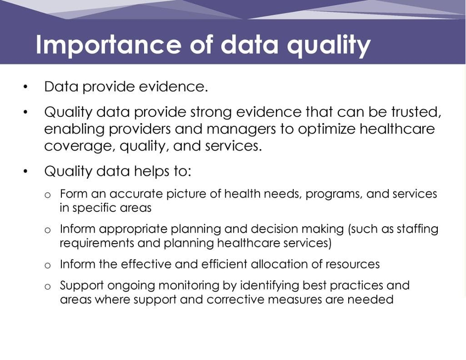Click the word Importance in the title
coord(108,45)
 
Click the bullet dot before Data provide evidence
coord(25,87)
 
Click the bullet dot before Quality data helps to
coord(25,171)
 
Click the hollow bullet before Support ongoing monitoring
coord(48,287)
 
